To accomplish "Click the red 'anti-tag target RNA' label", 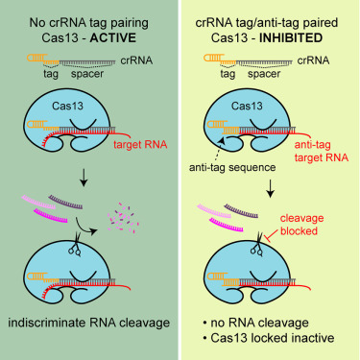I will coord(322,135).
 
